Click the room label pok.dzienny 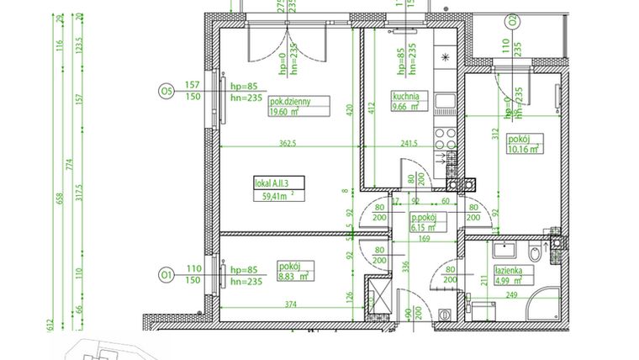290,101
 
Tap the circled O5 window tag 166,90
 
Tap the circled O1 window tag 166,274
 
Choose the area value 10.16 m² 521,151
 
